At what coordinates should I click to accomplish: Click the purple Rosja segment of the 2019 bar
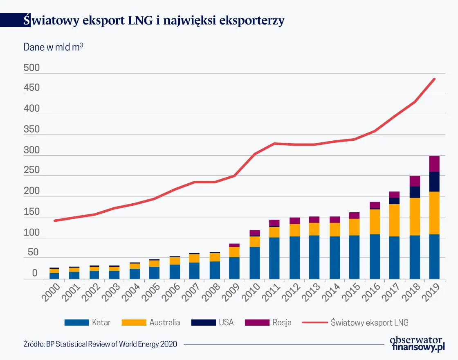(434, 164)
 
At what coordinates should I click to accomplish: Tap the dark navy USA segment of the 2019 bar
(434, 182)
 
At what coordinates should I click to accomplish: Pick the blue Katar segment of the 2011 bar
(274, 258)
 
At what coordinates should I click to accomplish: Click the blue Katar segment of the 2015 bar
(354, 257)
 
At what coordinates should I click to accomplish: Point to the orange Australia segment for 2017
(394, 220)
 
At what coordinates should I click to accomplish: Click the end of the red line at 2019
(434, 79)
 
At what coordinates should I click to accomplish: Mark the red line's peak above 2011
(274, 144)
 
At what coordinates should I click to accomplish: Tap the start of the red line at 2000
(54, 220)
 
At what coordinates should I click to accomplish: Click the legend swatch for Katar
(76, 323)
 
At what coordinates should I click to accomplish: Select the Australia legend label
(164, 323)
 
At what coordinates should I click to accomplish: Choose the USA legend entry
(226, 323)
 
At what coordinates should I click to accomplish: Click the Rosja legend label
(282, 323)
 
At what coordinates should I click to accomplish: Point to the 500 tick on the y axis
(31, 68)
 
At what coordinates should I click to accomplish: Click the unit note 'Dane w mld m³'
(53, 47)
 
